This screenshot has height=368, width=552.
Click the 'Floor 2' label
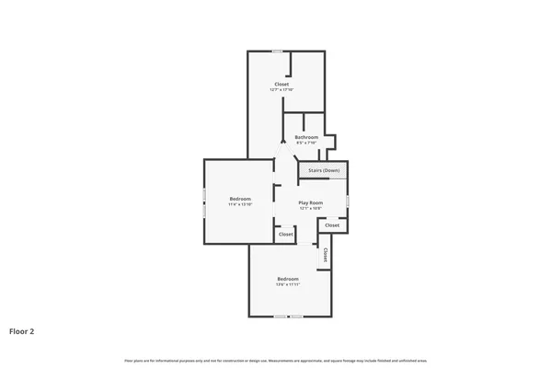[22, 331]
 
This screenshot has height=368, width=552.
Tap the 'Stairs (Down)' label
[323, 170]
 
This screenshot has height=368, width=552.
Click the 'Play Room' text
[311, 202]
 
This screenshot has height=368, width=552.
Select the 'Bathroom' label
[306, 137]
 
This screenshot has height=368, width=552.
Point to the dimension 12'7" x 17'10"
[281, 89]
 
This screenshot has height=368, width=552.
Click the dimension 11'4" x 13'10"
[240, 204]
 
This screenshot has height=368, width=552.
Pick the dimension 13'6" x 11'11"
[288, 284]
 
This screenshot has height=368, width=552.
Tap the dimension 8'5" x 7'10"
[306, 143]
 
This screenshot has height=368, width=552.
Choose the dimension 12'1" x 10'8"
[311, 208]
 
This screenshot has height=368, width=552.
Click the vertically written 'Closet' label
[325, 255]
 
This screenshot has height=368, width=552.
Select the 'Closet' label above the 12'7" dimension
[282, 84]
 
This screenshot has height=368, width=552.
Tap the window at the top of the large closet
[278, 52]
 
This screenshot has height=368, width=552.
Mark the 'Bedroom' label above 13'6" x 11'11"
[288, 279]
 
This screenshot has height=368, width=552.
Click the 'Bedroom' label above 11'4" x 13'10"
[240, 199]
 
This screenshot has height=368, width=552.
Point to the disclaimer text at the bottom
[276, 361]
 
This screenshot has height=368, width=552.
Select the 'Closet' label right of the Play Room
[332, 224]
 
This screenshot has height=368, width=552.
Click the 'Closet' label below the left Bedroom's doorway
[286, 235]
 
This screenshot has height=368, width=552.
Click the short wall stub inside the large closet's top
[291, 63]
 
